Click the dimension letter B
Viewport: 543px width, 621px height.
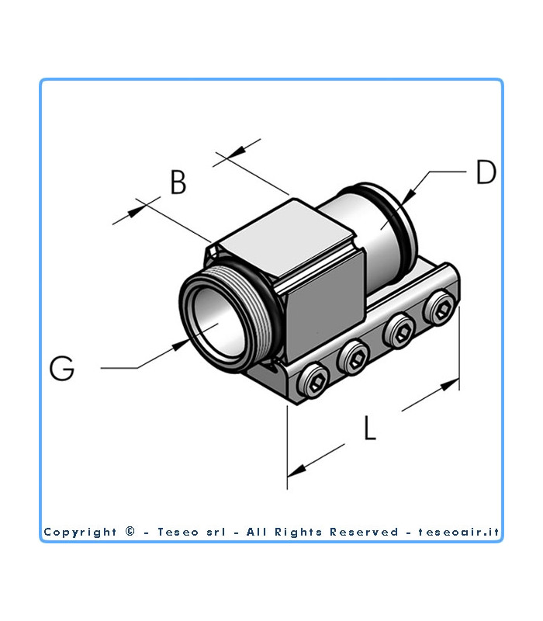click(178, 183)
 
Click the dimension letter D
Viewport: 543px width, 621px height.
click(486, 172)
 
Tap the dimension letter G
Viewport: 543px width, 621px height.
click(62, 367)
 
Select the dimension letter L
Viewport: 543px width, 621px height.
click(370, 428)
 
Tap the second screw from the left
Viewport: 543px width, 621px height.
click(355, 357)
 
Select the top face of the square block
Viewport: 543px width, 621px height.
click(287, 233)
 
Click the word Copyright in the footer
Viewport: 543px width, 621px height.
click(80, 532)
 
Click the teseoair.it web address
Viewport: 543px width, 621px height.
click(459, 532)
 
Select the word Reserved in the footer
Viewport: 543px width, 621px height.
click(365, 532)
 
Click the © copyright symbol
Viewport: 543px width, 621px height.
click(130, 532)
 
